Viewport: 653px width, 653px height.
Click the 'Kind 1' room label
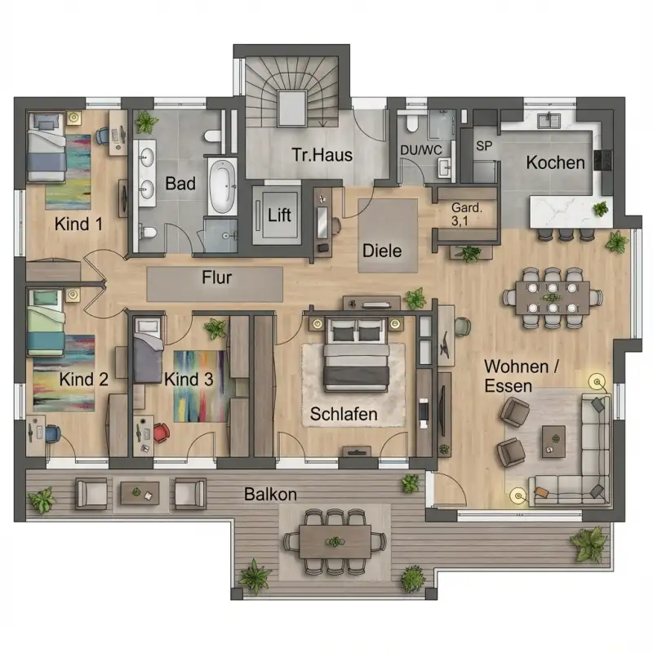click(x=78, y=223)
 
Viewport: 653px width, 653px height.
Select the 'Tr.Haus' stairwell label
click(x=323, y=153)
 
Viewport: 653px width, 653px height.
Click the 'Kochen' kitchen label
click(x=555, y=162)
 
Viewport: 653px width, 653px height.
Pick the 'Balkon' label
click(x=270, y=495)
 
